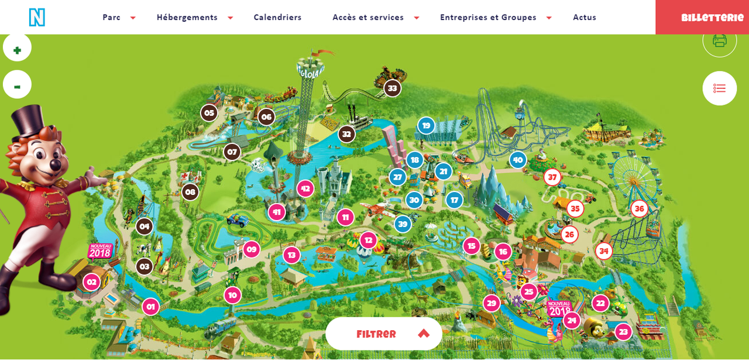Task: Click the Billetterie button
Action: [x=712, y=18]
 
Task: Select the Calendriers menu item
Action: [x=277, y=18]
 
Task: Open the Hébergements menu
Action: [x=187, y=18]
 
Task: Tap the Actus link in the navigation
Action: [x=585, y=18]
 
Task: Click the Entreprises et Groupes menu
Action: [x=488, y=18]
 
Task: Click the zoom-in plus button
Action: [x=17, y=49]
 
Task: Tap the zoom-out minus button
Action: [x=17, y=85]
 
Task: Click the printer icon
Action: [x=719, y=40]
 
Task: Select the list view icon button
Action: [x=719, y=88]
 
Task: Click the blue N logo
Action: [x=37, y=17]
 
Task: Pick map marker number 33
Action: [x=392, y=88]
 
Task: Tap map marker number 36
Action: [x=639, y=208]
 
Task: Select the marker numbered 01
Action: [x=150, y=306]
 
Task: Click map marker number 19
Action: [x=426, y=125]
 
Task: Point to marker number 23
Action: [x=623, y=332]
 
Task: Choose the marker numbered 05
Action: [x=209, y=113]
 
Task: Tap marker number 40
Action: [x=517, y=160]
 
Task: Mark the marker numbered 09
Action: [x=251, y=249]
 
